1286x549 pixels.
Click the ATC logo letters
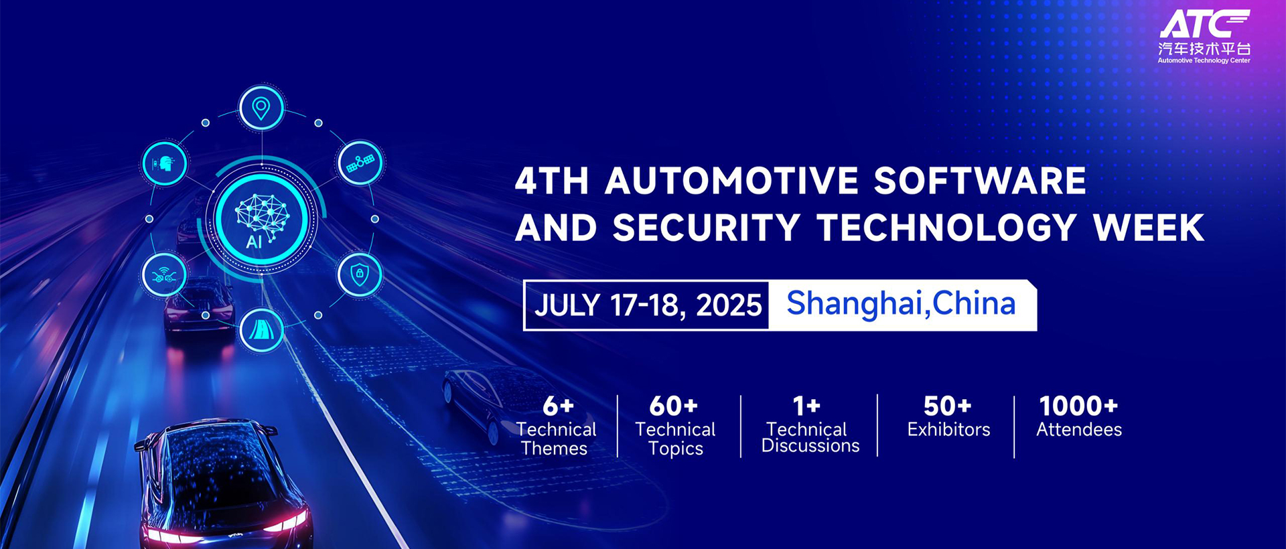1204,24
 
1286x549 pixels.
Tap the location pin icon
261,108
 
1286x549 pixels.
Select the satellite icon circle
360,163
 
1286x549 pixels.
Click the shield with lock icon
360,274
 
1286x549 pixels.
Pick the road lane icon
261,329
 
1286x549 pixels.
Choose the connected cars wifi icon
164,274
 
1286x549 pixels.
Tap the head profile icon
164,163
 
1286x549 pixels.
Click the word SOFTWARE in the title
980,181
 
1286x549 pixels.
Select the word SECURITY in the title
707,228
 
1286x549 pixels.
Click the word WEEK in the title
1149,228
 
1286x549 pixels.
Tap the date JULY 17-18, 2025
648,305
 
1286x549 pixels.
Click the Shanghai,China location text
901,303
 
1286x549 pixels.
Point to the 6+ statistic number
558,406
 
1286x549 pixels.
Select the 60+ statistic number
674,406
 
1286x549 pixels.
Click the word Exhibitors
948,429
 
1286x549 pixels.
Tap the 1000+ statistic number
1078,406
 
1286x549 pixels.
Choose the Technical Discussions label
810,437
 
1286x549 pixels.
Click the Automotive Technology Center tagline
1204,60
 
